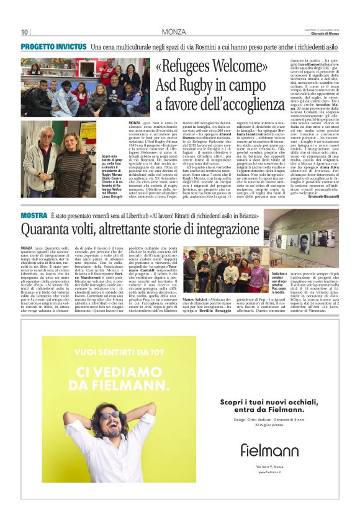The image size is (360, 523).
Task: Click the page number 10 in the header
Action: (x=24, y=32)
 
